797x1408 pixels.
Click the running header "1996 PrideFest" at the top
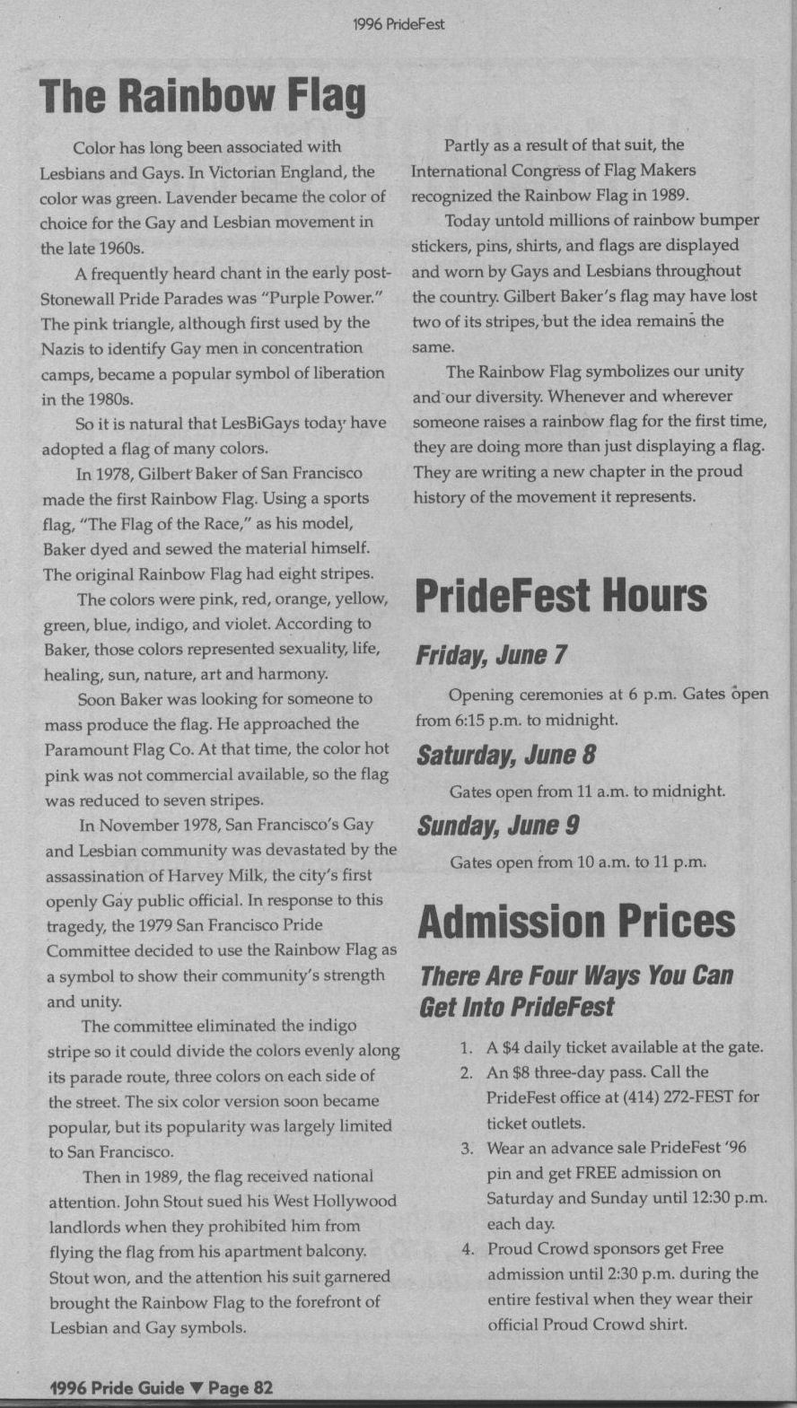(398, 24)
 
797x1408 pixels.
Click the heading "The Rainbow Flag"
(203, 96)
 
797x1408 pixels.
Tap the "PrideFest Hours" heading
(561, 596)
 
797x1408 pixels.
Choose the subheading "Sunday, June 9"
(498, 826)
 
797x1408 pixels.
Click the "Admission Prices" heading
(576, 922)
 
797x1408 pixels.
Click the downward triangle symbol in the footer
(197, 1388)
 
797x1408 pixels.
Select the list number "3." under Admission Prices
(467, 1148)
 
